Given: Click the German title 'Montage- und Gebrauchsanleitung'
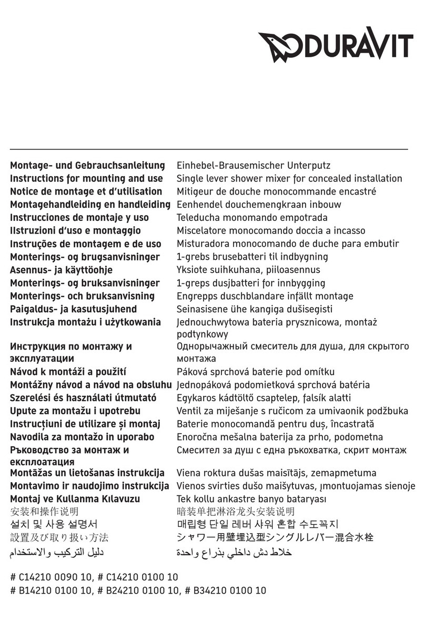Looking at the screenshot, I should [x=87, y=166].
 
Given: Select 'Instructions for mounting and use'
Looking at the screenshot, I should [x=86, y=179].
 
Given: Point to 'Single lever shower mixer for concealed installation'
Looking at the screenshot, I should [x=289, y=179].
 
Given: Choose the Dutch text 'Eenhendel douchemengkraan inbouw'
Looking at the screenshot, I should [x=259, y=205].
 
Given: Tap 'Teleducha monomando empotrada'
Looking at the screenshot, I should [x=252, y=218].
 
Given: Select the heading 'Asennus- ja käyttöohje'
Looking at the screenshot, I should [x=62, y=270].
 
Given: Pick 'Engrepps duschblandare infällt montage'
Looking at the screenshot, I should [x=265, y=296].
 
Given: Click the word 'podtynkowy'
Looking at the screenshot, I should [x=202, y=334].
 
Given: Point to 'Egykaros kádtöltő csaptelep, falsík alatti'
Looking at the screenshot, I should [x=264, y=398].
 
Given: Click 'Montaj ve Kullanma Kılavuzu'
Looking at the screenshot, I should [x=75, y=499].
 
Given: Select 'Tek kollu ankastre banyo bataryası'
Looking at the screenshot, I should [x=251, y=499].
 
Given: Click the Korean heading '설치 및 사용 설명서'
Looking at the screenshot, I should [x=54, y=525].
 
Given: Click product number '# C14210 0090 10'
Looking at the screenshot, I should [x=49, y=577].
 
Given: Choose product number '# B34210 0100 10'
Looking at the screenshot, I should [x=226, y=590].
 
